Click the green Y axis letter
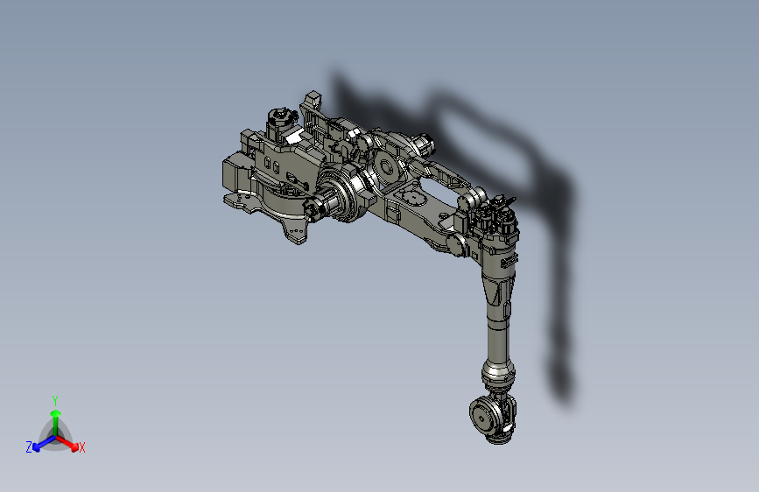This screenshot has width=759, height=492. coord(55,399)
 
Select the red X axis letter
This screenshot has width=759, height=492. coord(82,448)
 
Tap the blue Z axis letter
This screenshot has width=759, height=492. coord(29,447)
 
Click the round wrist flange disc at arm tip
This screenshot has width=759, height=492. coord(482,415)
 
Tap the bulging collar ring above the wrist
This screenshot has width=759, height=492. coord(497,375)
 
